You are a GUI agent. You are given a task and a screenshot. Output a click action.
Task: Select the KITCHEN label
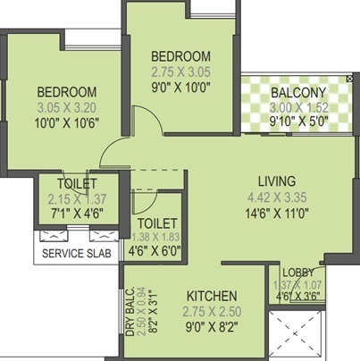pyautogui.click(x=212, y=296)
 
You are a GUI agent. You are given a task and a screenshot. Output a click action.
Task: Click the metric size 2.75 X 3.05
pyautogui.click(x=180, y=71)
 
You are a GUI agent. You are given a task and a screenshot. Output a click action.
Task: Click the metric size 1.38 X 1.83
pyautogui.click(x=157, y=238)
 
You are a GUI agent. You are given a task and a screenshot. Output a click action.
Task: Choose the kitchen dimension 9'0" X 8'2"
pyautogui.click(x=211, y=327)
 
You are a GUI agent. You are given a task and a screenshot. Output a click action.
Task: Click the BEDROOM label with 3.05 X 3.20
pyautogui.click(x=67, y=92)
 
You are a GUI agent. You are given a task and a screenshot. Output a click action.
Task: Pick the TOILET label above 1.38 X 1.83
pyautogui.click(x=157, y=222)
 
